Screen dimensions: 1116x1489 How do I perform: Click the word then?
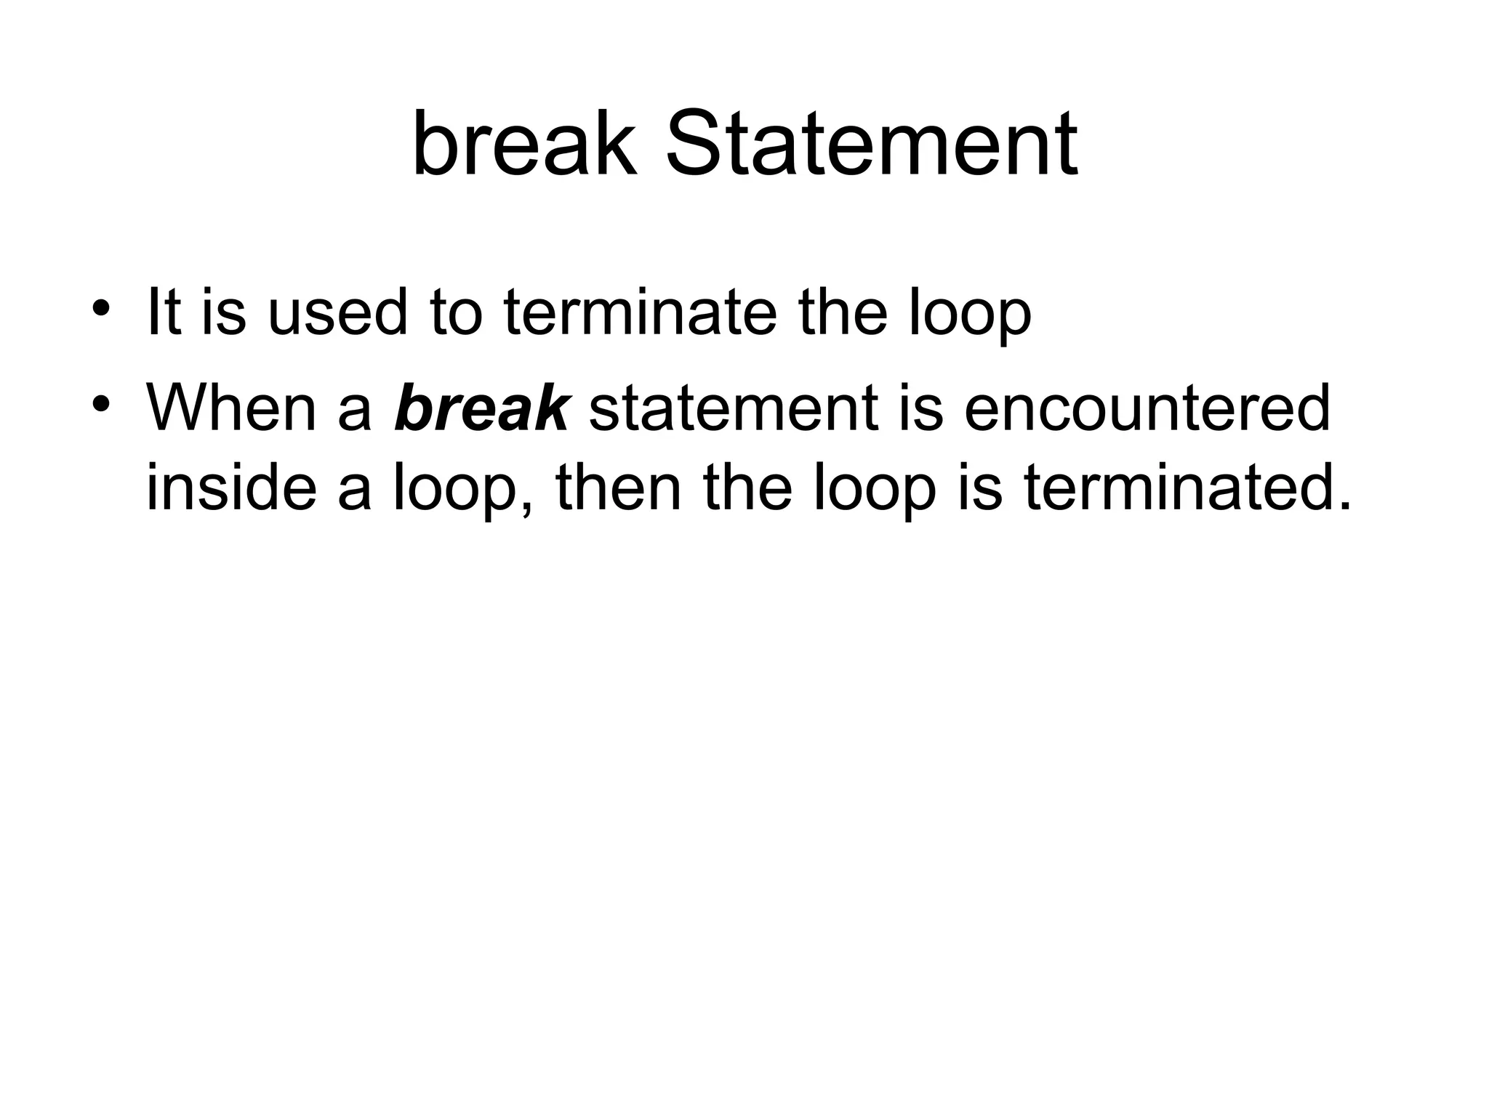618,488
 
